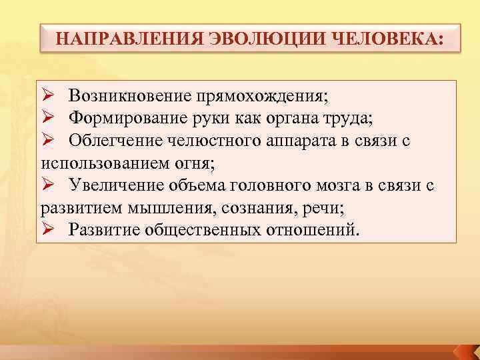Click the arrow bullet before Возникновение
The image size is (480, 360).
pyautogui.click(x=47, y=97)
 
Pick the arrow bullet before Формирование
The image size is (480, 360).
pyautogui.click(x=47, y=119)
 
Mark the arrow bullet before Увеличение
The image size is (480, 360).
pyautogui.click(x=47, y=185)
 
